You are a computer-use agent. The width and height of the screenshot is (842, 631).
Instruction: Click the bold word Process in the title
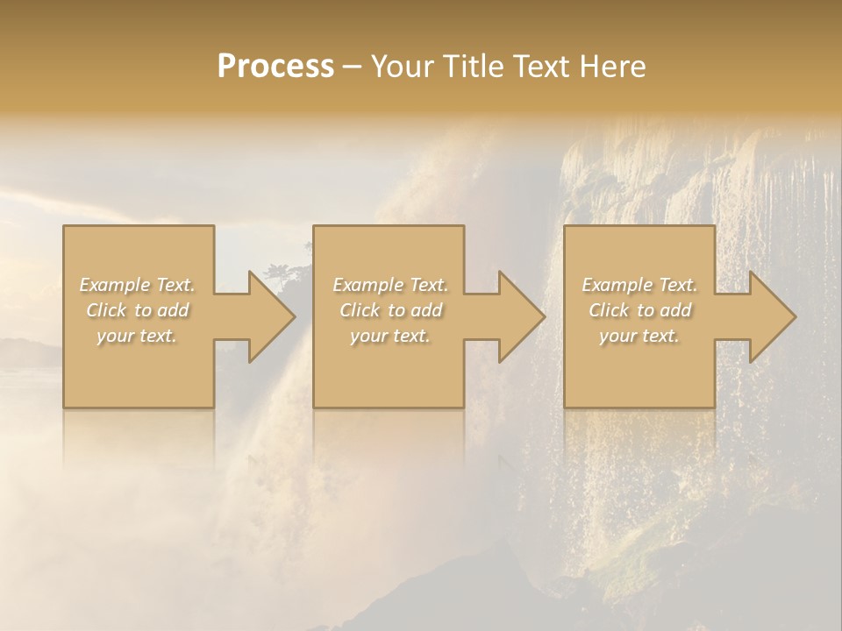275,67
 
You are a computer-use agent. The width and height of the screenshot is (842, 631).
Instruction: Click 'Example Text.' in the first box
138,285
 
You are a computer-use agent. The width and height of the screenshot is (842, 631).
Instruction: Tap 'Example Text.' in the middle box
390,285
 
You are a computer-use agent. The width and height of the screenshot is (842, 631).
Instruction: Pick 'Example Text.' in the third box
639,285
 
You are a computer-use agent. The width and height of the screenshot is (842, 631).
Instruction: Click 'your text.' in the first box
138,336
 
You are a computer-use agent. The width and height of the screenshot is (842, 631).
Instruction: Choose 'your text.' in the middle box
390,336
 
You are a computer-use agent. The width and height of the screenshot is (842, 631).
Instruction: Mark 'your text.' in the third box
639,336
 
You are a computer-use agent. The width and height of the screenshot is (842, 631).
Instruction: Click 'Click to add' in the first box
138,310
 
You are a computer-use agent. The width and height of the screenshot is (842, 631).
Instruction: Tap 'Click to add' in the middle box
390,310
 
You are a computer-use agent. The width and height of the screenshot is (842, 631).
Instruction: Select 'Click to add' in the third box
639,310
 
